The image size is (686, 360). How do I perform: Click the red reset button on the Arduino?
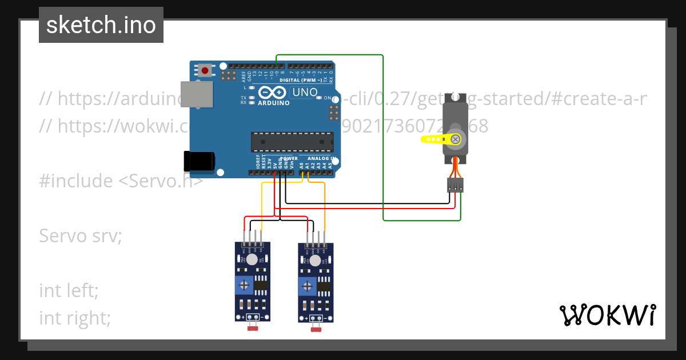tap(205, 71)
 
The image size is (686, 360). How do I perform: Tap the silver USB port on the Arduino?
tap(196, 95)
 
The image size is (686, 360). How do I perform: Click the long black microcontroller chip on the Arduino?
tap(292, 142)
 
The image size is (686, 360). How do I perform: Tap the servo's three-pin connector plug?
tap(455, 185)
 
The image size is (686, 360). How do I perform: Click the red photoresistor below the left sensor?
tap(252, 328)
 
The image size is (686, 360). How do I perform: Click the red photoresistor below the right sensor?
tap(315, 328)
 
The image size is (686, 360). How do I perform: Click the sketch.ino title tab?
tap(101, 25)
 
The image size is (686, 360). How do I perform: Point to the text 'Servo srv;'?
tap(81, 235)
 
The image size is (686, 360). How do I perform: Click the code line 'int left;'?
tap(69, 290)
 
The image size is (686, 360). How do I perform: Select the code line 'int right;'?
tap(75, 318)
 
